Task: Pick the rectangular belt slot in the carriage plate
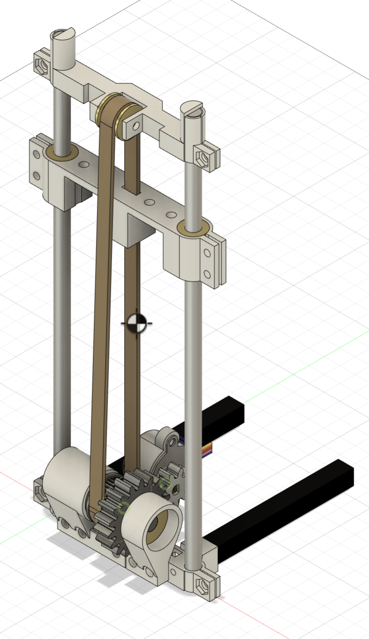[132, 184]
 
